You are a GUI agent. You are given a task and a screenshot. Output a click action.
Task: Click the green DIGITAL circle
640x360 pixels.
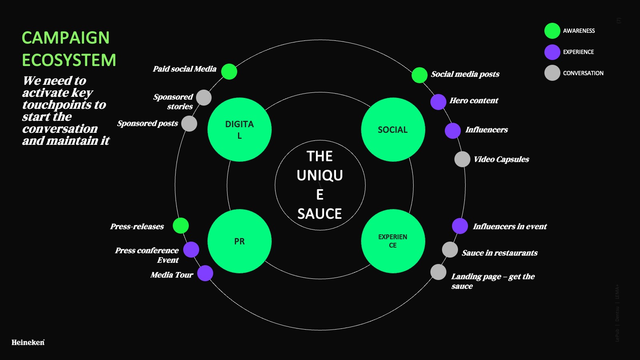click(240, 130)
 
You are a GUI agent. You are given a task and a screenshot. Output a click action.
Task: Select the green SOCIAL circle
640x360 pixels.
click(393, 130)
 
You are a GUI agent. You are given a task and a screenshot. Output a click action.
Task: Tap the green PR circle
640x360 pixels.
click(240, 241)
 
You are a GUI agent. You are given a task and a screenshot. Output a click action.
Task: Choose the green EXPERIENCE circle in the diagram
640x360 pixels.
click(393, 241)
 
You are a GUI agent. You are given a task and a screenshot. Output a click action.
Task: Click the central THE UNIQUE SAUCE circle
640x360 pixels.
click(320, 185)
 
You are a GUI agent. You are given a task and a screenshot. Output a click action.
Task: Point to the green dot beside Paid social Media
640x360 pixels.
click(229, 72)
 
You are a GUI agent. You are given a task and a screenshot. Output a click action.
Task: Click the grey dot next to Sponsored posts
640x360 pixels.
click(189, 124)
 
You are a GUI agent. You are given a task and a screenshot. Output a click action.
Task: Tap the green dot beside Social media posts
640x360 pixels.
click(419, 75)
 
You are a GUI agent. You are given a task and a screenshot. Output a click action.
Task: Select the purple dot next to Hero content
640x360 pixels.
click(438, 102)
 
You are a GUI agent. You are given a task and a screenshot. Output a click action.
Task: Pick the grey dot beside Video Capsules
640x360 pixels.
click(462, 159)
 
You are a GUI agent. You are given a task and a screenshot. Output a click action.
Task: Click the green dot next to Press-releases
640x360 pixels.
click(181, 226)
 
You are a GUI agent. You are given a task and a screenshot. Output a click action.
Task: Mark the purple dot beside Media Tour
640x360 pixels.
click(205, 273)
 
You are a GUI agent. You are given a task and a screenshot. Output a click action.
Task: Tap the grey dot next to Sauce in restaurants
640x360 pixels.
click(450, 250)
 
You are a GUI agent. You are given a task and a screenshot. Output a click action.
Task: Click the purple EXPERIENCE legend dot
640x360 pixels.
click(552, 52)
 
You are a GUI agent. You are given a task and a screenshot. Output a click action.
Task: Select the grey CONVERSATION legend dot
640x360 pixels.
click(552, 73)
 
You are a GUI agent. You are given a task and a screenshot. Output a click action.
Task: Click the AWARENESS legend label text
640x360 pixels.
click(579, 31)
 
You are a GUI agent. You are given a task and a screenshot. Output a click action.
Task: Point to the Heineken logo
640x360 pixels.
click(28, 342)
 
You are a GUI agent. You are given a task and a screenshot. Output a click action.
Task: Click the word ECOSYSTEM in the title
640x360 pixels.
click(69, 60)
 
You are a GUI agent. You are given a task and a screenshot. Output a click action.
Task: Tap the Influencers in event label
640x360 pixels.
click(510, 226)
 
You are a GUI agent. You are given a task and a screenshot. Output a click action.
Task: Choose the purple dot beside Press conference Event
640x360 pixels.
click(191, 250)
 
